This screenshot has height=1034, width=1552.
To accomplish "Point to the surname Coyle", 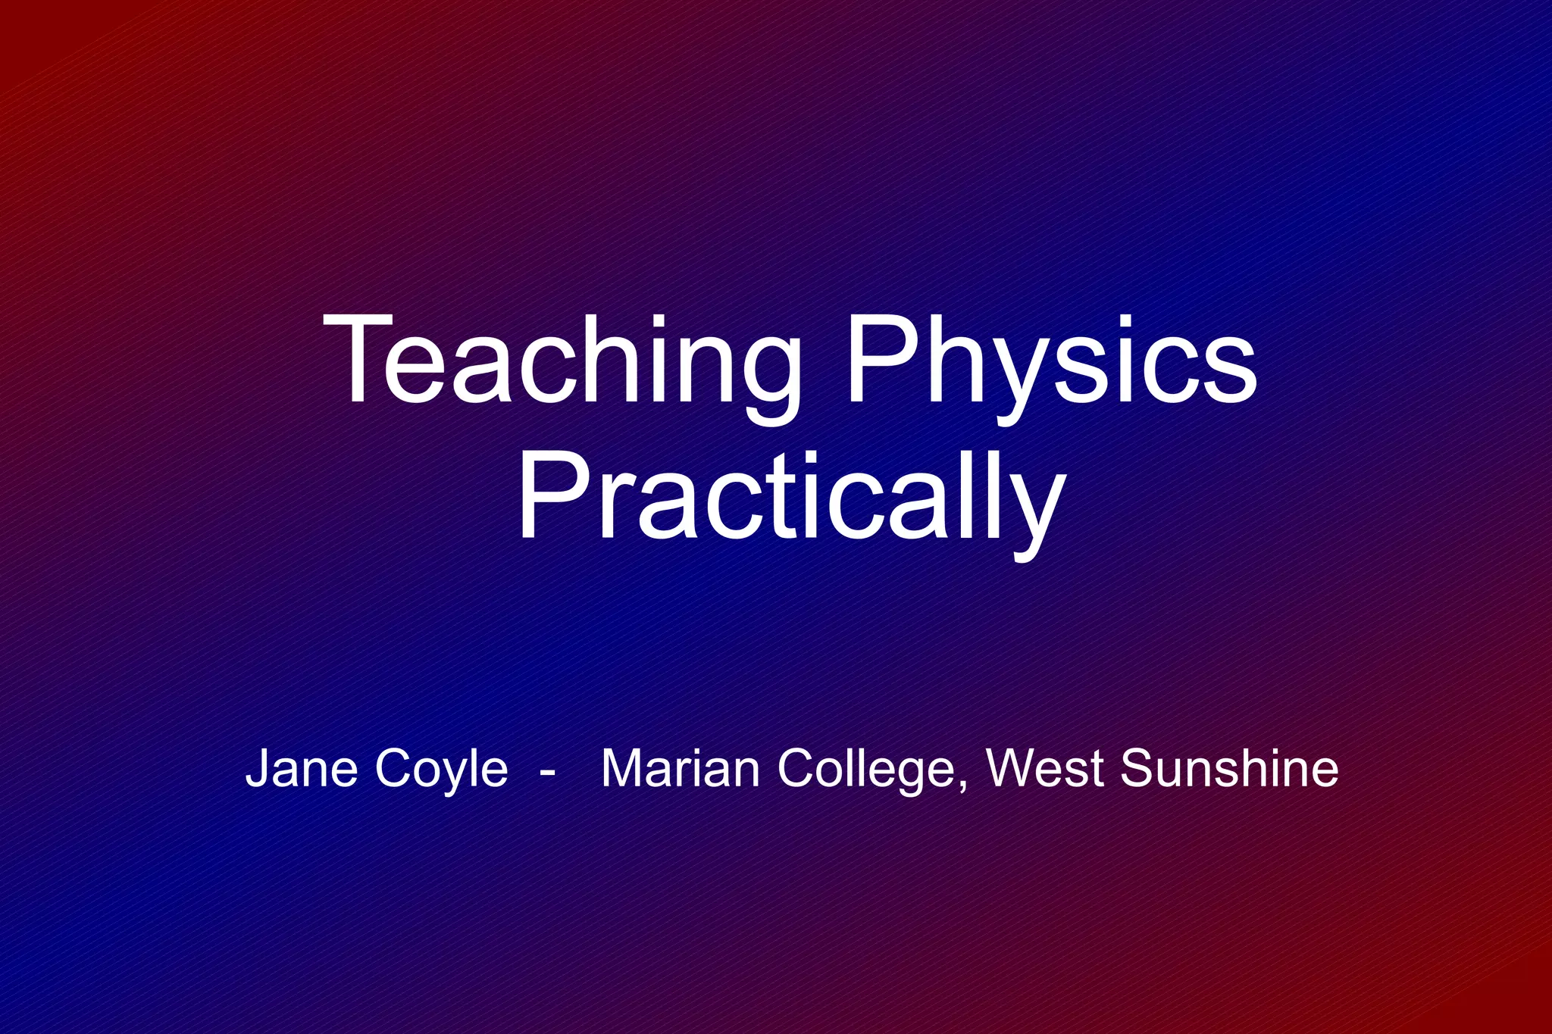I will coord(440,768).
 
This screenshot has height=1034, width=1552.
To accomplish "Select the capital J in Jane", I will coord(258,768).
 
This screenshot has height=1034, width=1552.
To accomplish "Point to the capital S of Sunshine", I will coord(1137,768).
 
